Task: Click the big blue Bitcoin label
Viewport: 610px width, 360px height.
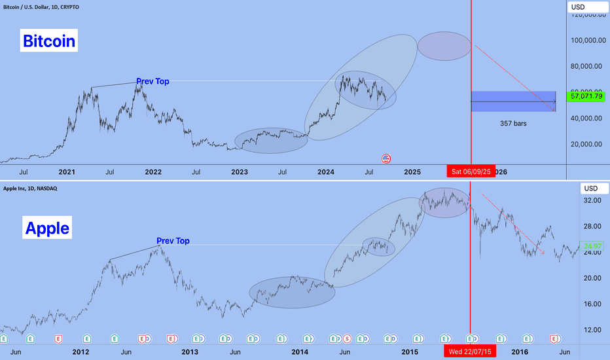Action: [x=49, y=41]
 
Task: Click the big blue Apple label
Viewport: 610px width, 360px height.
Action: [x=47, y=228]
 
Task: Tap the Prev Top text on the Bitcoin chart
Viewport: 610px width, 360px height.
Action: [x=152, y=82]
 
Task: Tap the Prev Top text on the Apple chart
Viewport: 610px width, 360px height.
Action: [x=173, y=241]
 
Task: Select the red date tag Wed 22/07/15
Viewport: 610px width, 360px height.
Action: [x=470, y=352]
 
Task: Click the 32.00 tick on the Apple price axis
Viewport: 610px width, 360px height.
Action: [x=592, y=200]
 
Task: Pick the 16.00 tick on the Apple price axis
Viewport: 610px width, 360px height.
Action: [x=592, y=304]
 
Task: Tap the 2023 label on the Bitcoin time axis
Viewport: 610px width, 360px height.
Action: [x=240, y=172]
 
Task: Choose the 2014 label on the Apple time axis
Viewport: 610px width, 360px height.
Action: [x=300, y=352]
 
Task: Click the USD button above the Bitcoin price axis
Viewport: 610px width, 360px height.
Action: [x=587, y=7]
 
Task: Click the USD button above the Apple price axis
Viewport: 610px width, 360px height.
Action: [x=590, y=189]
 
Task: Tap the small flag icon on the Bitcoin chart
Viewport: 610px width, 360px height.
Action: [x=386, y=158]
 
